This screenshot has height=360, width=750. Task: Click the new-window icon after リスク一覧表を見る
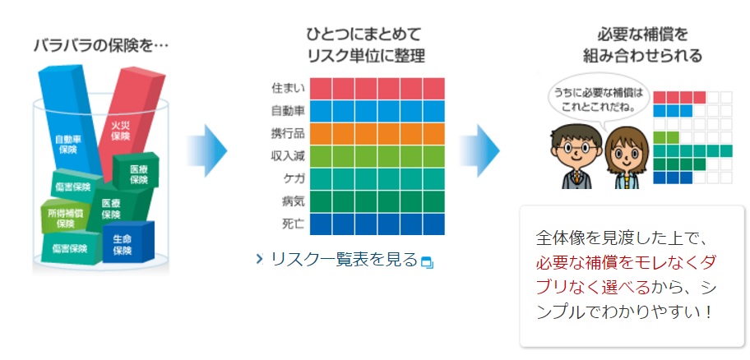click(426, 262)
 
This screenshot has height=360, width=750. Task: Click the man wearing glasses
click(573, 156)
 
